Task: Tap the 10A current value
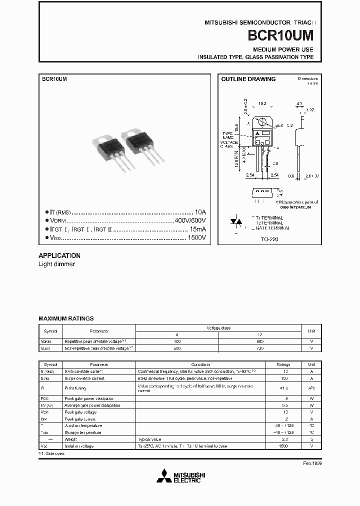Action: click(x=199, y=212)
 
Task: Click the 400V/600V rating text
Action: click(x=190, y=220)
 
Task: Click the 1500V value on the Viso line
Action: click(x=196, y=237)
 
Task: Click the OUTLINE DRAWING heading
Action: click(x=248, y=79)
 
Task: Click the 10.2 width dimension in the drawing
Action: click(x=262, y=104)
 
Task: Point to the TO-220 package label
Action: click(x=269, y=239)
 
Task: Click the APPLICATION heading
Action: click(x=59, y=255)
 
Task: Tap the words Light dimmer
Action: click(x=56, y=264)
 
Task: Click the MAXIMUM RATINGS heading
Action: click(x=66, y=318)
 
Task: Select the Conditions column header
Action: click(x=200, y=364)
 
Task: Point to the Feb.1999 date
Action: click(x=312, y=463)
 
